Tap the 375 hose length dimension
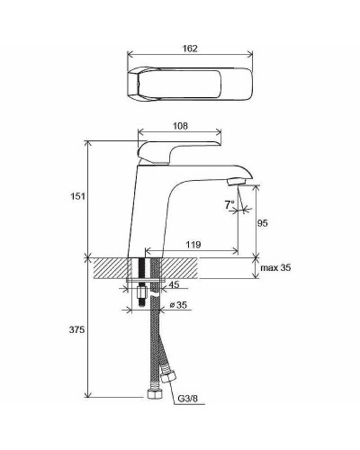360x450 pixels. pos(78,330)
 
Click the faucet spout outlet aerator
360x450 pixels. pos(237,184)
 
